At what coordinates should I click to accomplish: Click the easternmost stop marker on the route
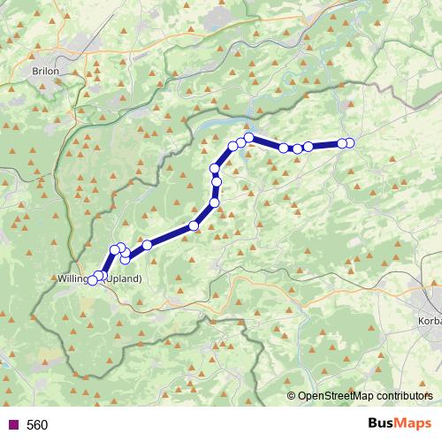tap(349, 143)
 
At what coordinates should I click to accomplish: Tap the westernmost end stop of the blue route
tap(92, 280)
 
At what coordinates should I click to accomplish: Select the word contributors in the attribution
tap(402, 397)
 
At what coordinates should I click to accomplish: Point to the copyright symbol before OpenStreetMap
tap(291, 397)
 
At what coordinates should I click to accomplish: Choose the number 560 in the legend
tap(37, 425)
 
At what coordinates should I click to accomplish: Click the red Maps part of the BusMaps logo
tap(415, 424)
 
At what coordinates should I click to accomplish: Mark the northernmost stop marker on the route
tap(249, 137)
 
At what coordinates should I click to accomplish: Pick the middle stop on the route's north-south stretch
tap(217, 183)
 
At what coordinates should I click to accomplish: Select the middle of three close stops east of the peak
tap(297, 149)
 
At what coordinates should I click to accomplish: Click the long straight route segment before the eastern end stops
tap(324, 145)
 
